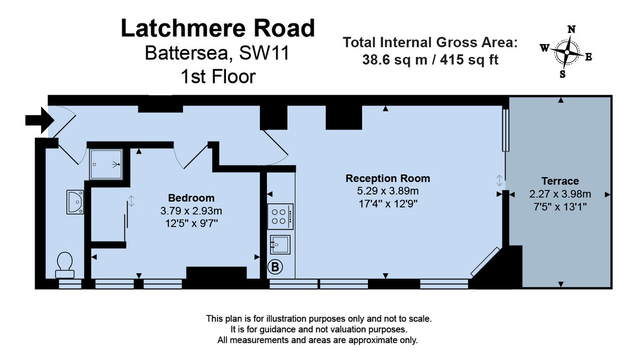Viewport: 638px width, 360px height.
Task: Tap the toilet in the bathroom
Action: click(x=64, y=264)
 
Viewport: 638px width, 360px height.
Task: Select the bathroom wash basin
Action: click(x=74, y=202)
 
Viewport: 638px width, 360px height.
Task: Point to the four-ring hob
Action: click(x=280, y=216)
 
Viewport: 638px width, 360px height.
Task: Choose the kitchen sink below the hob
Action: click(x=281, y=245)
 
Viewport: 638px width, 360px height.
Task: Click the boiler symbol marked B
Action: click(x=275, y=267)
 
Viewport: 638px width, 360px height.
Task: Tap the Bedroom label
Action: click(x=191, y=198)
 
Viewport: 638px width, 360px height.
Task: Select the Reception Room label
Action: click(x=388, y=178)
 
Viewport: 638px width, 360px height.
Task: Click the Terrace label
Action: click(x=560, y=181)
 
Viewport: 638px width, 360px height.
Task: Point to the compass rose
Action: click(x=567, y=52)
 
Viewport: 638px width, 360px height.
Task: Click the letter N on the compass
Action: click(x=572, y=30)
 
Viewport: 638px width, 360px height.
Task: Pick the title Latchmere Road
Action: click(x=218, y=28)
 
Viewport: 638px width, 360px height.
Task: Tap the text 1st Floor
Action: click(x=218, y=77)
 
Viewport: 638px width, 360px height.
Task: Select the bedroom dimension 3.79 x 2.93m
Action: click(x=191, y=211)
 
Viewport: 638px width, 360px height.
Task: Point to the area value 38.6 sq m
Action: click(x=395, y=60)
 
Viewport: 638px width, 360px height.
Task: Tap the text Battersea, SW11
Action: click(x=218, y=54)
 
